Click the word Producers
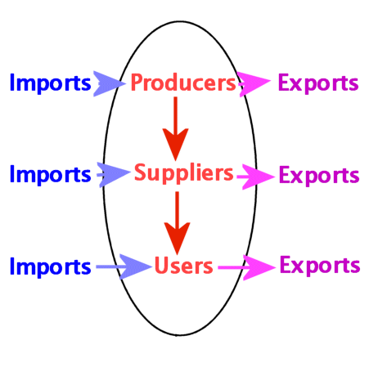click(183, 83)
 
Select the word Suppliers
click(184, 173)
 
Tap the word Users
click(183, 266)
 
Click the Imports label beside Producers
click(50, 83)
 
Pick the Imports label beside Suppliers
click(50, 175)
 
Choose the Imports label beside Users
click(50, 267)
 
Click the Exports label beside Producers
click(318, 83)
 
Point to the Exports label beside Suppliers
click(319, 176)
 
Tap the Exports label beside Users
click(320, 266)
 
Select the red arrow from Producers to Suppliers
click(176, 128)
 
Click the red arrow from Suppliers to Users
click(178, 223)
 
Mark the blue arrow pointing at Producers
click(110, 83)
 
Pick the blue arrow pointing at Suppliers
click(114, 175)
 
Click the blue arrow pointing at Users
click(124, 266)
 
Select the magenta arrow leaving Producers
click(254, 84)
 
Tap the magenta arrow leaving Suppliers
click(256, 177)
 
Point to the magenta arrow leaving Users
click(247, 267)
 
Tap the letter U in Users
click(161, 266)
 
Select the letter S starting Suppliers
click(141, 172)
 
